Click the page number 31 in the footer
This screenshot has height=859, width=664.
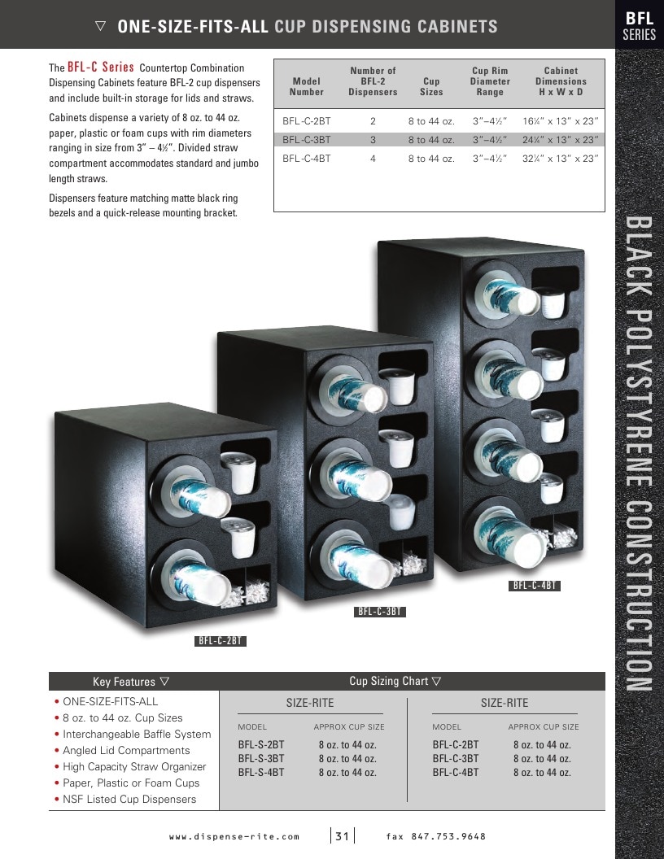pyautogui.click(x=342, y=836)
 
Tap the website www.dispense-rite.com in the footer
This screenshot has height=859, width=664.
pyautogui.click(x=234, y=836)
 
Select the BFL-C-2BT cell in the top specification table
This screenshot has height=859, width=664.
pyautogui.click(x=306, y=121)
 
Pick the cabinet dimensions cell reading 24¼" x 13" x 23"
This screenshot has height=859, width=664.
pyautogui.click(x=560, y=140)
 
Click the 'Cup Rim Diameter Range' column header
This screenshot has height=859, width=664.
pyautogui.click(x=490, y=81)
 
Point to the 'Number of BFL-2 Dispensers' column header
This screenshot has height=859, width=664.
pyautogui.click(x=373, y=81)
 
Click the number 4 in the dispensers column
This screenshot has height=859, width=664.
pyautogui.click(x=373, y=159)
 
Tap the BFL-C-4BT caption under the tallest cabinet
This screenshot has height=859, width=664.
pyautogui.click(x=534, y=586)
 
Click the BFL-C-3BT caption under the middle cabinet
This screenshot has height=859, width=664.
pyautogui.click(x=380, y=612)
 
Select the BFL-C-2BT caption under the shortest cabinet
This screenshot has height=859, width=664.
pyautogui.click(x=221, y=640)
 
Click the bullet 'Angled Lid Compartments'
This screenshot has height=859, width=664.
pyautogui.click(x=126, y=751)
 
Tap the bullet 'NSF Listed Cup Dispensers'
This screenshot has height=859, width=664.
pyautogui.click(x=129, y=800)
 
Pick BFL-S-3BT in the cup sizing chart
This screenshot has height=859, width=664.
pyautogui.click(x=260, y=759)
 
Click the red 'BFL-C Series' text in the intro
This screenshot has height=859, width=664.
pyautogui.click(x=101, y=67)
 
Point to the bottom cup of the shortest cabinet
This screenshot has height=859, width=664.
pyautogui.click(x=200, y=585)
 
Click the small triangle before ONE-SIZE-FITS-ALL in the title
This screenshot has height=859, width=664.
pyautogui.click(x=100, y=26)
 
